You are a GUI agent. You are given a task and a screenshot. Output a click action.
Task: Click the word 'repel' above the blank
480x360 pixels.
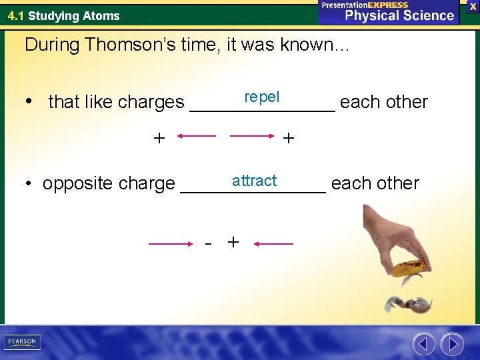261,97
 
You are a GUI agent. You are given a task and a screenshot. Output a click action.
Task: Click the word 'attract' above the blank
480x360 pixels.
254,181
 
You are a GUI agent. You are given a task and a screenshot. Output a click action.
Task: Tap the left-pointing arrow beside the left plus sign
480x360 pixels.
197,137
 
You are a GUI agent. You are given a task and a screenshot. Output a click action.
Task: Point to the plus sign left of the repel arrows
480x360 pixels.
159,138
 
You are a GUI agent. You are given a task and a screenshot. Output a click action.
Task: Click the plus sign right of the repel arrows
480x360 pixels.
288,138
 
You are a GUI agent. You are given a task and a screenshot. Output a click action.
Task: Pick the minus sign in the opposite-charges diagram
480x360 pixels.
209,244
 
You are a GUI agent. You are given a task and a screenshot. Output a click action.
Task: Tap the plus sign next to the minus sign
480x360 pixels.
233,242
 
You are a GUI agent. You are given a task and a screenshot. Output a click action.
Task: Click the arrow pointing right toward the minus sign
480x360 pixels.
171,245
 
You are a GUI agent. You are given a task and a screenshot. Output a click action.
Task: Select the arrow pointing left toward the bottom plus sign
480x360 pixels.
274,245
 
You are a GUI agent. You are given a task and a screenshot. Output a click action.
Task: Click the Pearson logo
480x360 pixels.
21,342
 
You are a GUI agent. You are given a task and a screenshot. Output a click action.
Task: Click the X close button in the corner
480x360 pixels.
473,5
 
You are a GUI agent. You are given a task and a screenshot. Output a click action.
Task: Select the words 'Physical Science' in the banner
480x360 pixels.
399,15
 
